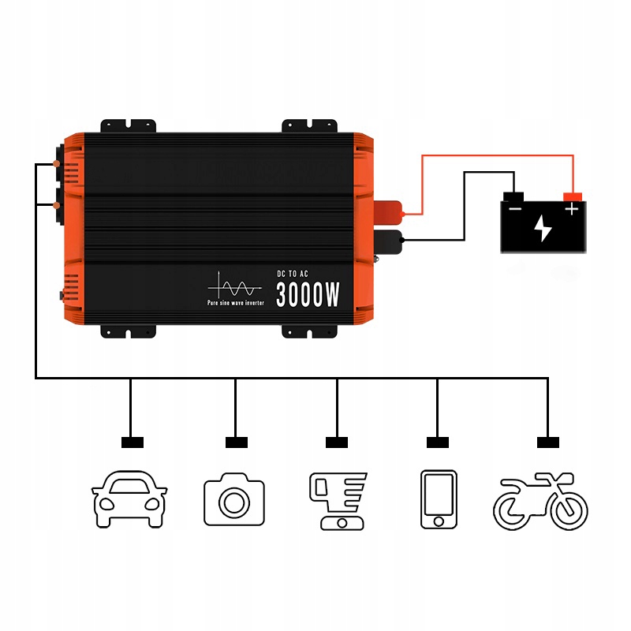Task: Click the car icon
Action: point(130,500)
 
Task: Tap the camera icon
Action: point(234,500)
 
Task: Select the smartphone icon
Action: point(439,500)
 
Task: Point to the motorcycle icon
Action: point(541,502)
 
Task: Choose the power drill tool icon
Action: point(337,501)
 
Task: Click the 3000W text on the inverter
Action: point(308,294)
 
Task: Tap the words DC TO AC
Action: point(293,273)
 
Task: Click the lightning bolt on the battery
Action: point(543,227)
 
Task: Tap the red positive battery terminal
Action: point(572,196)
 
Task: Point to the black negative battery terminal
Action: point(514,196)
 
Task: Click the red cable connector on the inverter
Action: point(388,211)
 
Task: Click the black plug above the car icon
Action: point(132,442)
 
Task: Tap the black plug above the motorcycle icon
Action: point(547,442)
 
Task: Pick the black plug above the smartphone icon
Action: point(438,442)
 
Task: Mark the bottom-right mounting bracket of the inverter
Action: point(310,331)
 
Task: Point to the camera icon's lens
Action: point(234,503)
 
